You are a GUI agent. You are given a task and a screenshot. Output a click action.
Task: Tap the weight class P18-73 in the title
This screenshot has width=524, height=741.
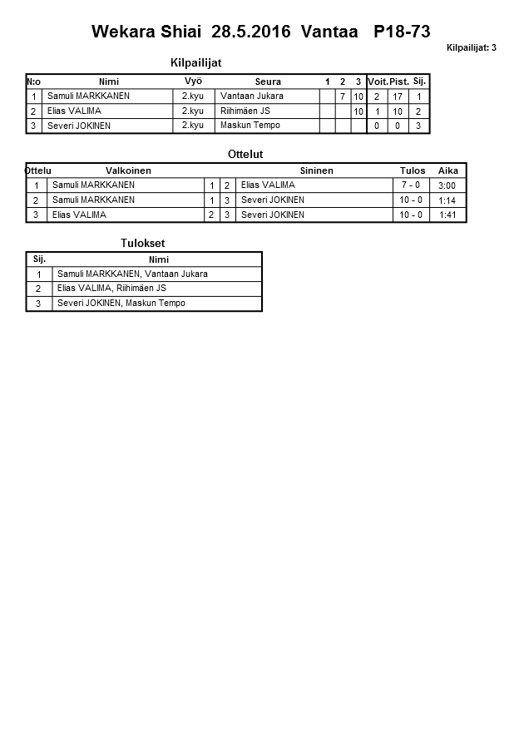(x=403, y=32)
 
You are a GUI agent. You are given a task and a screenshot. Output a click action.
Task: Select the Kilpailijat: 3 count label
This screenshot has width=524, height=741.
(x=471, y=48)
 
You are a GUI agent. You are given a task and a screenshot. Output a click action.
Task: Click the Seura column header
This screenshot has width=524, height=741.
(x=268, y=82)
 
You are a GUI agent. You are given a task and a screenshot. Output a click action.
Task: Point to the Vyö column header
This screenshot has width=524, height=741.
(x=193, y=81)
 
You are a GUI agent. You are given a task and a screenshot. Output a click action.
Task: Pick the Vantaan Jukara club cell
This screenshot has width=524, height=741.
(x=251, y=96)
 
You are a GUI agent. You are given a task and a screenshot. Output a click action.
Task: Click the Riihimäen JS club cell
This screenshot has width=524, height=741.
(x=245, y=111)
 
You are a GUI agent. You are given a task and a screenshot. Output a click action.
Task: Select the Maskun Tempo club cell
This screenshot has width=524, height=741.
(x=250, y=126)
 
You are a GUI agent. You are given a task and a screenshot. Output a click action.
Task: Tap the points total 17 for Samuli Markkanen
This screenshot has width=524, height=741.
(x=398, y=96)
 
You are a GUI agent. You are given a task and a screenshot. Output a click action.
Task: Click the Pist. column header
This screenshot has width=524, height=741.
(x=399, y=82)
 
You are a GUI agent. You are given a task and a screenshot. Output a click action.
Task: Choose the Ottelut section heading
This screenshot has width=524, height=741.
(x=245, y=155)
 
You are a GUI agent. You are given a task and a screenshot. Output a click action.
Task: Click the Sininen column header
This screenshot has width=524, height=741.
(x=316, y=170)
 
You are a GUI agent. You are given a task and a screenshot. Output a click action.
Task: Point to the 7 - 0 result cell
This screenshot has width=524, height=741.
(x=411, y=185)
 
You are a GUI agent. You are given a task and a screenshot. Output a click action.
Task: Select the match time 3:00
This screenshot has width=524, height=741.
(x=447, y=185)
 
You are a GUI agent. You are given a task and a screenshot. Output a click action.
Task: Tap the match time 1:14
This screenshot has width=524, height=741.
(x=447, y=200)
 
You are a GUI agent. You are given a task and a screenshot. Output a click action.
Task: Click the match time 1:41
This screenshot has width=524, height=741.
(x=447, y=215)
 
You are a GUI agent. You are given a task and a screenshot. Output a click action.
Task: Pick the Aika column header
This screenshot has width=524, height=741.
(x=448, y=170)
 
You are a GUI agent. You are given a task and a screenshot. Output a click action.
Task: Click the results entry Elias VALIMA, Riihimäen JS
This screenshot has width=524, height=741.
(x=111, y=289)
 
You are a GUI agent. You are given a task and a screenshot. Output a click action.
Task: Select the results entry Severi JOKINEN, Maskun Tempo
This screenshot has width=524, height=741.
(x=121, y=304)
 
